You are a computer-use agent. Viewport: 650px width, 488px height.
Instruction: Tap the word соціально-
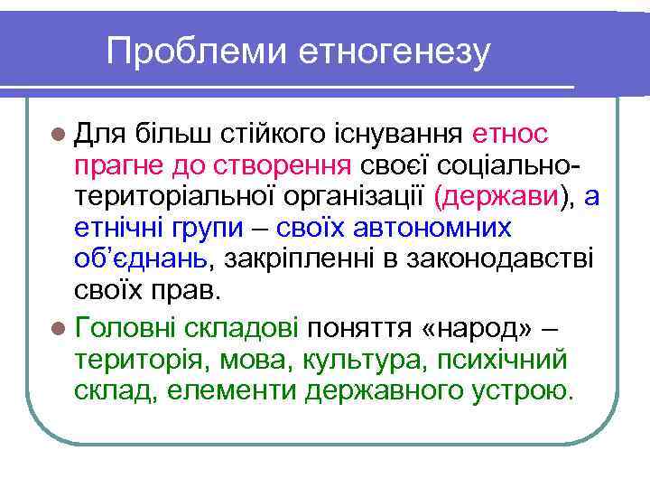509,166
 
